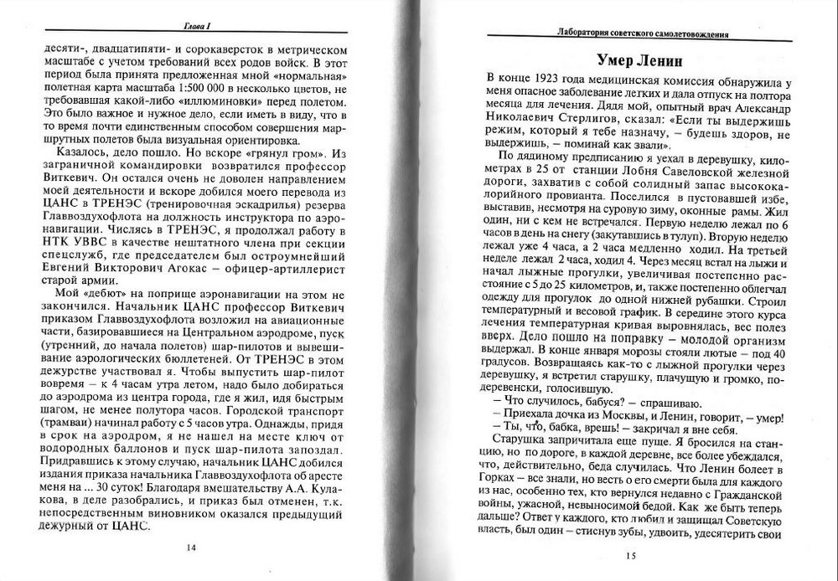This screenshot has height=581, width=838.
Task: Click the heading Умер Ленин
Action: pyautogui.click(x=639, y=61)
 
